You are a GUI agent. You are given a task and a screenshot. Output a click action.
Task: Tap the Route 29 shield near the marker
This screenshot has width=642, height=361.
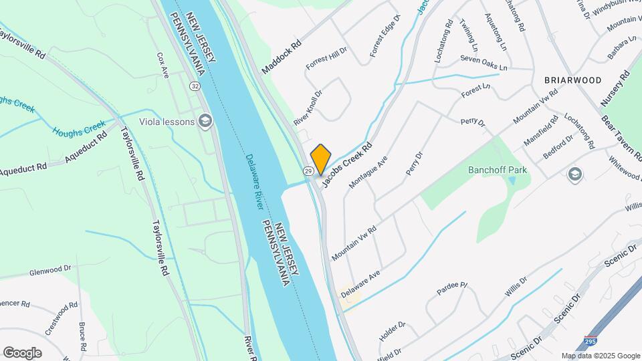308,172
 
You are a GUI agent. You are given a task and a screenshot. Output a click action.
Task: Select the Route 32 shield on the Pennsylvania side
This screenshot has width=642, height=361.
194,86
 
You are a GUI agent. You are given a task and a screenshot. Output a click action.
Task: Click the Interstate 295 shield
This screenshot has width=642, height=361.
591,341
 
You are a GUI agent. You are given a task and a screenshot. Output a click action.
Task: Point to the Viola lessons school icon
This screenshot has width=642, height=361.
205,121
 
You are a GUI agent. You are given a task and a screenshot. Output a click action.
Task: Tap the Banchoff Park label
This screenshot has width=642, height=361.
497,170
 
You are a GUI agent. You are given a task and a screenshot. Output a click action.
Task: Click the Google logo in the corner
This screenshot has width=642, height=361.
22,352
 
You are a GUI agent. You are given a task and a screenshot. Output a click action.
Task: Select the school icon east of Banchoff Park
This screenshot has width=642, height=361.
574,175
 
